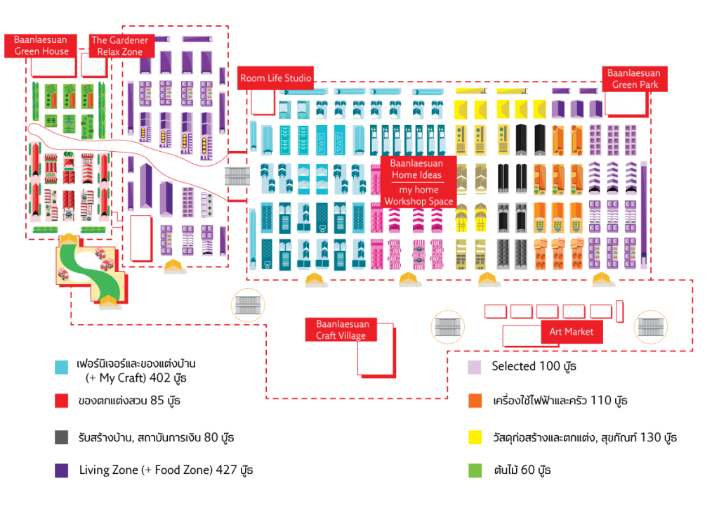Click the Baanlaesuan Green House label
[x=41, y=46]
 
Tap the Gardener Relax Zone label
[x=120, y=46]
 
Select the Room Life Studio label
[x=275, y=78]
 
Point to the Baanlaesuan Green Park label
[x=634, y=79]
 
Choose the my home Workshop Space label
[x=418, y=195]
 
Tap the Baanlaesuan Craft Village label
[x=341, y=330]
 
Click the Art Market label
[x=571, y=332]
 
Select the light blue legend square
[x=62, y=367]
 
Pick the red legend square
[x=62, y=401]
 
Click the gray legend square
[x=62, y=437]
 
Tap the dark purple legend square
[x=62, y=471]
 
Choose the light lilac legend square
[x=475, y=367]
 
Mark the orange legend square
[x=475, y=401]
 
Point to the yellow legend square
[x=475, y=437]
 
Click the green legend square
[x=475, y=471]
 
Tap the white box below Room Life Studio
[x=263, y=102]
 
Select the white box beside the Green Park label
[x=625, y=103]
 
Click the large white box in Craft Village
[x=376, y=351]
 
